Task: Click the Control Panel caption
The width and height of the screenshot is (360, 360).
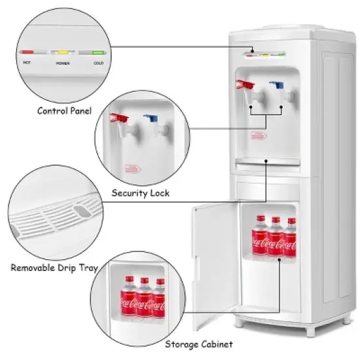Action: click(63, 111)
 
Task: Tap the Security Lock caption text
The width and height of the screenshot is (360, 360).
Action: click(141, 193)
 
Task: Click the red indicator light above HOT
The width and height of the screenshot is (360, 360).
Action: click(29, 51)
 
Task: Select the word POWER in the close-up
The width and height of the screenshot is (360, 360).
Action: click(63, 64)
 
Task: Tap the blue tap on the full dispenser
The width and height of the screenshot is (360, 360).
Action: click(277, 86)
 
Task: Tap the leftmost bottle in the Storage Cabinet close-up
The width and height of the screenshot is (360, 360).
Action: click(127, 298)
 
